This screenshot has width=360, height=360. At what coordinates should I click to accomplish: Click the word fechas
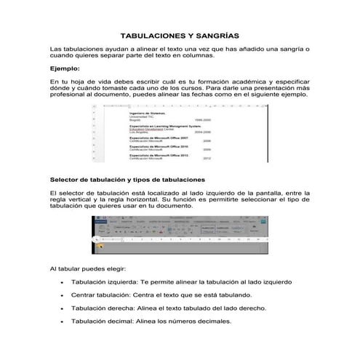pyautogui.click(x=193, y=95)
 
